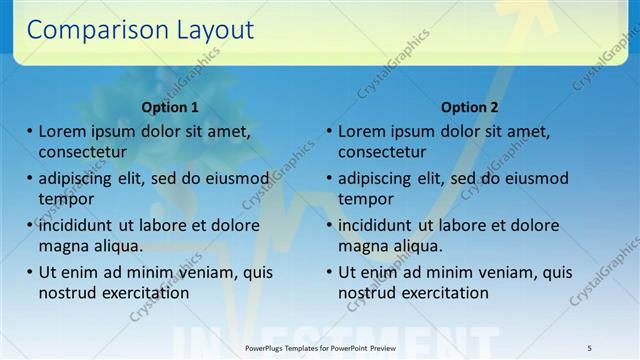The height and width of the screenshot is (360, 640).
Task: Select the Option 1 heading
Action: [x=169, y=107]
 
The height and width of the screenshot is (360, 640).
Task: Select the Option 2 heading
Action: [x=469, y=107]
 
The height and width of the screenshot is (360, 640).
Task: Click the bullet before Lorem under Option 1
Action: [x=29, y=131]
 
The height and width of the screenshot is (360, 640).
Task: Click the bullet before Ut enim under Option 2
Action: [x=329, y=272]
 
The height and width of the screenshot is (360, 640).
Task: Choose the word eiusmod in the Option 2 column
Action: [x=536, y=179]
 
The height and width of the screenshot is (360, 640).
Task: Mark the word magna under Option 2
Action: [x=362, y=246]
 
